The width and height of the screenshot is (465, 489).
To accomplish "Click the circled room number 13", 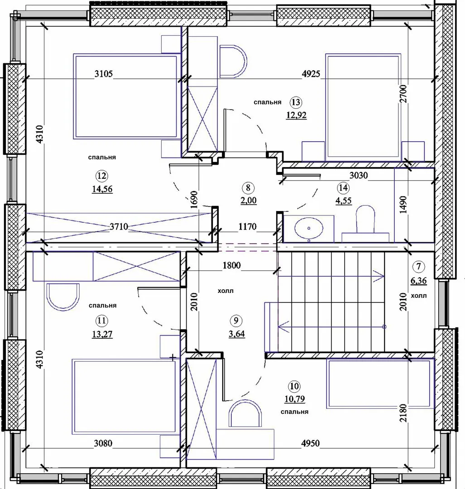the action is click(296, 102).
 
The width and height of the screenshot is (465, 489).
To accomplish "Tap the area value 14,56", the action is click(102, 189).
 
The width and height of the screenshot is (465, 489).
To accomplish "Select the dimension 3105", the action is click(104, 74).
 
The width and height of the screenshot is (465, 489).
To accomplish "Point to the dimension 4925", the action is click(311, 74).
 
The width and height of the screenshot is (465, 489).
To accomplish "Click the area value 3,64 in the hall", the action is click(237, 334).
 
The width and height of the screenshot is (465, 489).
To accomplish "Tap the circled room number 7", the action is click(418, 266).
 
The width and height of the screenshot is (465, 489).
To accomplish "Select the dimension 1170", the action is click(247, 226).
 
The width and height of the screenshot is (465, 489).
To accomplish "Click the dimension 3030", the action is click(358, 175).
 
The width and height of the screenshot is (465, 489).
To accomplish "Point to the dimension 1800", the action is click(232, 265).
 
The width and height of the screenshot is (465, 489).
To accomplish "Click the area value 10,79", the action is click(295, 399).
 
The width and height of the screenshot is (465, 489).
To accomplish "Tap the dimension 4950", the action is click(310, 443).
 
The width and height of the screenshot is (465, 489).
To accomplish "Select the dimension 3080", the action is click(103, 443).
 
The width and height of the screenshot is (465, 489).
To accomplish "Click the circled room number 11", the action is click(102, 321).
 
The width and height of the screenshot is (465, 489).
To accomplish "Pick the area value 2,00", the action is click(249, 200).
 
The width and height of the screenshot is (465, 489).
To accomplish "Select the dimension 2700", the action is click(403, 94).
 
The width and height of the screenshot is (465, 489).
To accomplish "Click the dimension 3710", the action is click(119, 226).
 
